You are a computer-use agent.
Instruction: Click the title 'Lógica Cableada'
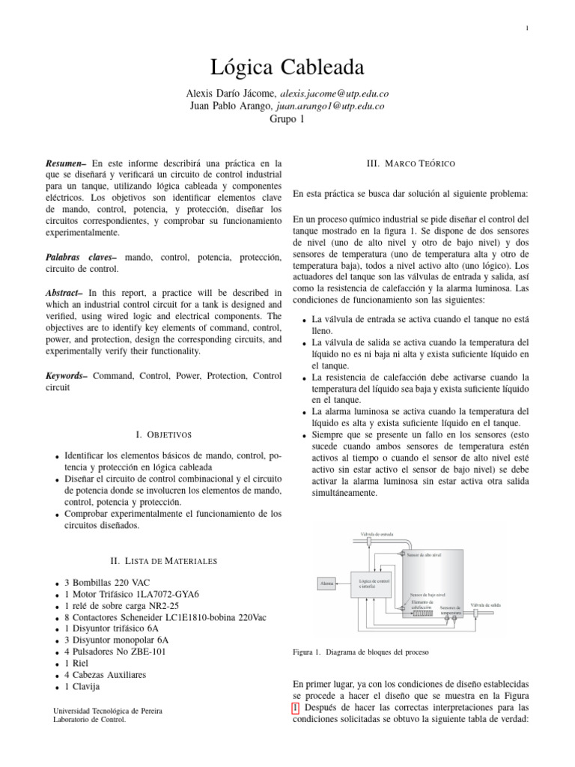point(287,69)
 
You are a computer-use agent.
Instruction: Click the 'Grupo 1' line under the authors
point(287,120)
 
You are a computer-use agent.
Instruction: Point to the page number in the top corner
point(527,28)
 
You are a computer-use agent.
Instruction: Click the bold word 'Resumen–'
point(67,162)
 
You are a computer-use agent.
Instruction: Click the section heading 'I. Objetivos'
point(163,434)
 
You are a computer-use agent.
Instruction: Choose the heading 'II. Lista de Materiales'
point(163,560)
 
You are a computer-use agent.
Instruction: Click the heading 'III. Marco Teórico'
point(411,163)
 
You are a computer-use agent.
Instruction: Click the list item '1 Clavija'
point(82,686)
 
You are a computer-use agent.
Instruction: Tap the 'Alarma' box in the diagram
point(327,582)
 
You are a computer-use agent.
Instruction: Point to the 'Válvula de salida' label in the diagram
point(486,604)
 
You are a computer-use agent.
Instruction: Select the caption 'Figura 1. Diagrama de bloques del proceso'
point(361,652)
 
